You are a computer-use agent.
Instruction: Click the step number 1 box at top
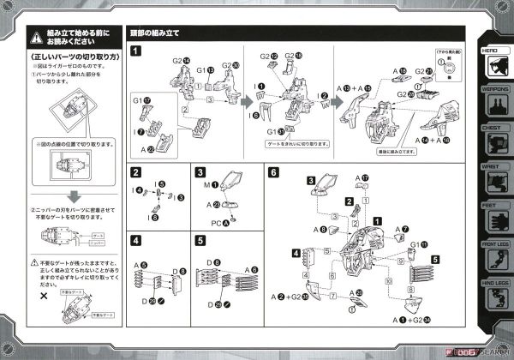[x=136, y=51]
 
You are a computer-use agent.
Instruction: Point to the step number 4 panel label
[x=136, y=240]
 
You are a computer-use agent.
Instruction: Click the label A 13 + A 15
[x=355, y=87]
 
